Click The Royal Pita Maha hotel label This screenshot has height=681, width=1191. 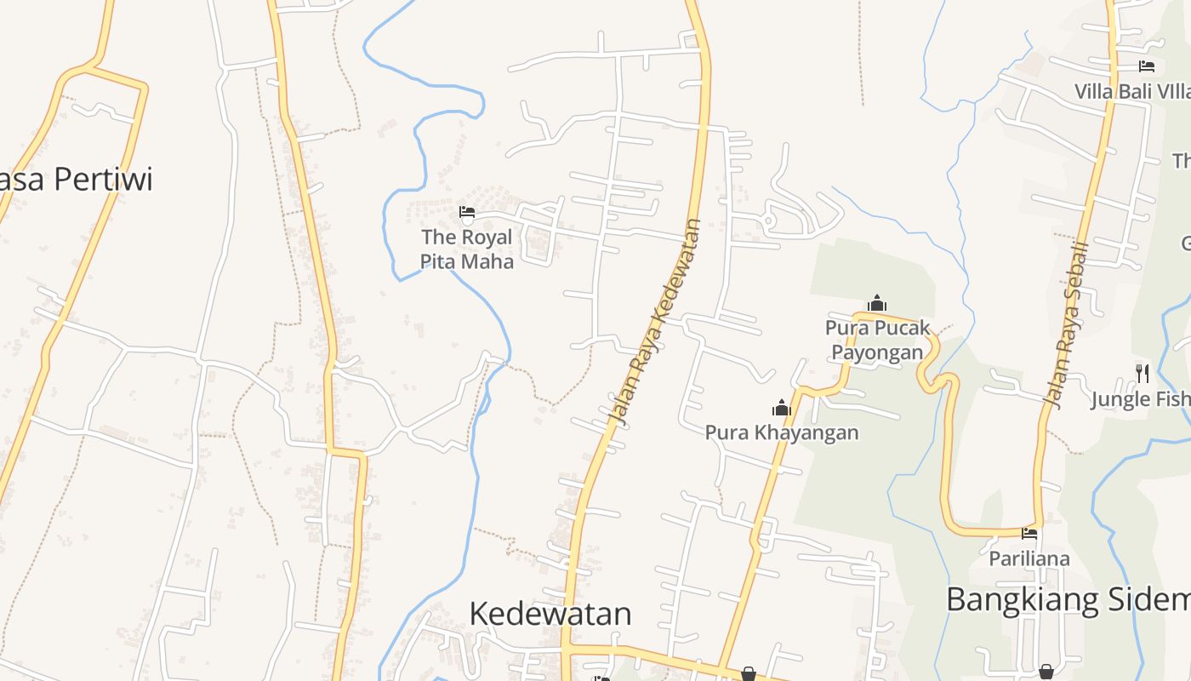coord(467,249)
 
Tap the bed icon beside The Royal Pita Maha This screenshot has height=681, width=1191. coord(466,212)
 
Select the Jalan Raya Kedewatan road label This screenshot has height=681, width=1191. coord(657,323)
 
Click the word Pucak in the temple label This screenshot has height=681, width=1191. coord(902,328)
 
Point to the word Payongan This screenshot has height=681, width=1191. coord(877,352)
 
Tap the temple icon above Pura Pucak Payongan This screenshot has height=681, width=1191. coord(877,303)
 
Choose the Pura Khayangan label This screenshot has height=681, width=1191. coord(782,432)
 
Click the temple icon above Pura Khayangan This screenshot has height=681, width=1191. coord(782,409)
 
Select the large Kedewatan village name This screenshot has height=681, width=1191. coord(550,614)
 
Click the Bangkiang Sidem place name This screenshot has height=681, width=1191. coord(1068,599)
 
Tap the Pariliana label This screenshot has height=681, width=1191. coord(1029,558)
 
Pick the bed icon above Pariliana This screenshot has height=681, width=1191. coord(1029,535)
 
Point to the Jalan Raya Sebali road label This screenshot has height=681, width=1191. coord(1070,323)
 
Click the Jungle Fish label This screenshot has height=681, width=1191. coord(1141,398)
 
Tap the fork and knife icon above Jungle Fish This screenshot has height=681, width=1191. coord(1143,373)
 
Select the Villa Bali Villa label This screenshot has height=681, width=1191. coord(1132,91)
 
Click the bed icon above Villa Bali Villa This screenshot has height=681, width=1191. coord(1147,66)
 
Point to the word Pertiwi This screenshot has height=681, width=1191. coord(103,180)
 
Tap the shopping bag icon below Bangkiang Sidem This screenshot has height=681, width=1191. coord(1046,672)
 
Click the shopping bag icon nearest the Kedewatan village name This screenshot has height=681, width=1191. coord(749,674)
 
